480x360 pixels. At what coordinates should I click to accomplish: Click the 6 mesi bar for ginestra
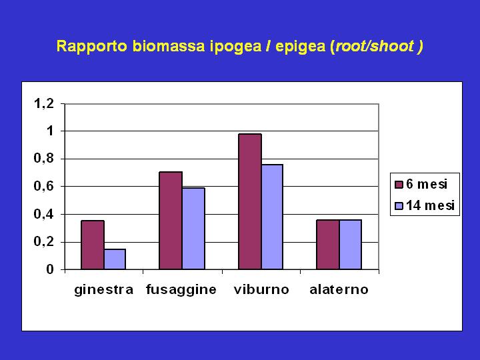(x=93, y=245)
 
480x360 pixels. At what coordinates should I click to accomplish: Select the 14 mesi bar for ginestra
(x=115, y=259)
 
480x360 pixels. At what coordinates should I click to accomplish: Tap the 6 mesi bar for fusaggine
(x=171, y=221)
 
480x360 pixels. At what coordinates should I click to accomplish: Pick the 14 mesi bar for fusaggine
(x=193, y=229)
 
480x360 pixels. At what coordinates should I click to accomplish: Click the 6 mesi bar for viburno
(x=250, y=202)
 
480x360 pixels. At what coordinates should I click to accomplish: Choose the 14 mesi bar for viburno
(x=272, y=217)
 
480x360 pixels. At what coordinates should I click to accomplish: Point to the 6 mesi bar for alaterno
(x=328, y=245)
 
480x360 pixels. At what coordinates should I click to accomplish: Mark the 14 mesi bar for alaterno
(x=350, y=245)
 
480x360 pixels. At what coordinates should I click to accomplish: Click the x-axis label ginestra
(x=104, y=289)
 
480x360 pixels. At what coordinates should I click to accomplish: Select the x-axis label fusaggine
(x=181, y=289)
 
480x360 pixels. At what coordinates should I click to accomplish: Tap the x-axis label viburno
(x=261, y=289)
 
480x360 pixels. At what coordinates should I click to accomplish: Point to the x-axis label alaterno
(x=339, y=289)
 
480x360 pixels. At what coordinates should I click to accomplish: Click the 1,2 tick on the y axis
(x=44, y=104)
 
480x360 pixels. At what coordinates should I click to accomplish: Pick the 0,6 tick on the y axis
(x=44, y=186)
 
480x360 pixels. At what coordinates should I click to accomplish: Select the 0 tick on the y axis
(x=50, y=269)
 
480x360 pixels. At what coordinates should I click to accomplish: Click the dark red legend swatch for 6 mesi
(x=399, y=185)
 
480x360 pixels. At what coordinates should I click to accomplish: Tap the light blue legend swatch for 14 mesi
(x=399, y=206)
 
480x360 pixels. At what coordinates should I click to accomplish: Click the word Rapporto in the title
(x=92, y=46)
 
